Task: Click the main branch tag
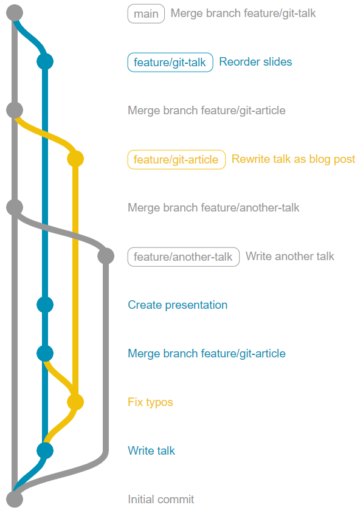click(x=146, y=14)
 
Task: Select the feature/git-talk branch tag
click(x=170, y=62)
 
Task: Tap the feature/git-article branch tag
click(x=176, y=160)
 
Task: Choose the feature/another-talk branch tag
click(x=183, y=256)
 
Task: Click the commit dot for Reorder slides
click(x=45, y=61)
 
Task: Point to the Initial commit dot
click(x=15, y=499)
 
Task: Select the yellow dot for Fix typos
click(x=75, y=402)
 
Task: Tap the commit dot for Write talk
click(x=45, y=450)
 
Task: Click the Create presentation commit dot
click(x=45, y=304)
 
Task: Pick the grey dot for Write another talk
click(x=106, y=256)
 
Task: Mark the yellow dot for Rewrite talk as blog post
click(x=75, y=159)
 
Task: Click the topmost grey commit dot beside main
click(x=15, y=13)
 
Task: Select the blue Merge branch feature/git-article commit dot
click(x=45, y=354)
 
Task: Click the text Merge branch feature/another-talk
click(x=213, y=208)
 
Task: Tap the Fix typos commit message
click(x=150, y=402)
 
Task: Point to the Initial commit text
click(x=161, y=499)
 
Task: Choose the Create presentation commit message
click(x=178, y=305)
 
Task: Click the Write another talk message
click(x=290, y=256)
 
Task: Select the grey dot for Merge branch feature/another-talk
click(x=15, y=207)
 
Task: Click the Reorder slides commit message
click(x=255, y=61)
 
